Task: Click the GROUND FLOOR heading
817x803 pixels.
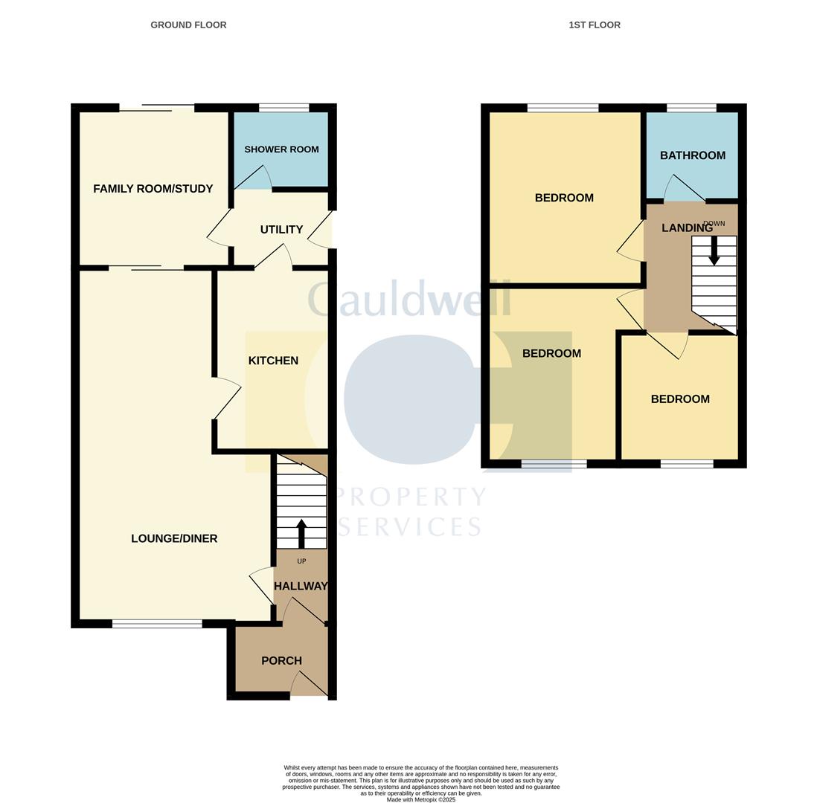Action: click(188, 25)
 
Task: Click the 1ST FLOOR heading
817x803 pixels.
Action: click(595, 25)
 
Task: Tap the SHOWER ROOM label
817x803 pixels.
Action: click(281, 149)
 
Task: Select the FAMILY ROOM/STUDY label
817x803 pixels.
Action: click(153, 189)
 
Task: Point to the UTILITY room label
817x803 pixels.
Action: click(281, 229)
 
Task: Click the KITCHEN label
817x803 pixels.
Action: click(273, 361)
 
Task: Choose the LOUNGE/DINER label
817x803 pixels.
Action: click(174, 538)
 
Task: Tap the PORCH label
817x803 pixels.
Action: click(281, 660)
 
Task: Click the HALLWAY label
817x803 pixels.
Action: click(301, 586)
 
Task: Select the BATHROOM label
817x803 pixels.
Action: click(693, 155)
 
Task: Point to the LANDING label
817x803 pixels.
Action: click(687, 228)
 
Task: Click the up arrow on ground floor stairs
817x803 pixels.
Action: click(301, 533)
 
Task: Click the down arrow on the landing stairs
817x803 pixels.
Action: click(714, 251)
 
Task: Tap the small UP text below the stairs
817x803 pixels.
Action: click(301, 561)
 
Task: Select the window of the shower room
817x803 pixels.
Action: click(284, 108)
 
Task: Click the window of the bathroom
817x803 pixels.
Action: click(691, 108)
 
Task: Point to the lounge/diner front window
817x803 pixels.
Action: click(157, 623)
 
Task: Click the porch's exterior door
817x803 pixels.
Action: click(310, 684)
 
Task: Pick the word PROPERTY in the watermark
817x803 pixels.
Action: click(411, 497)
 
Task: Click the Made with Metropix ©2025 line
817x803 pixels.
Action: click(421, 799)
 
